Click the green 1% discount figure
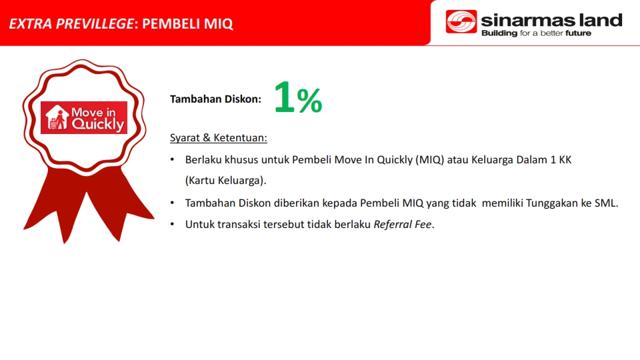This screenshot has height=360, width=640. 298,97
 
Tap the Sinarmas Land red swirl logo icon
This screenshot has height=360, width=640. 461,21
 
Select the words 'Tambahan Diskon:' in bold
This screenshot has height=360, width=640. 215,99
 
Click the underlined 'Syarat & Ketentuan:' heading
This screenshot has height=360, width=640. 219,138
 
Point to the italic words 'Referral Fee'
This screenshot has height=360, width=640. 403,225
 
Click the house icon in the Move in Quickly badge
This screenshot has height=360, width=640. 57,117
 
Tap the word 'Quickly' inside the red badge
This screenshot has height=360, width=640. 98,124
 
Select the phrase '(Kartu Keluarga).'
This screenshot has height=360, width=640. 226,181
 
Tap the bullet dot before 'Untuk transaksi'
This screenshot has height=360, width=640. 172,225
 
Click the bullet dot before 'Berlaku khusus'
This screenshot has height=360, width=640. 172,159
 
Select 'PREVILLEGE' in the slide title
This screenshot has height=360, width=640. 94,24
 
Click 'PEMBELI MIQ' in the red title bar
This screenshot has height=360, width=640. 187,24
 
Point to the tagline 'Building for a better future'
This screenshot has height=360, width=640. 536,33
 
